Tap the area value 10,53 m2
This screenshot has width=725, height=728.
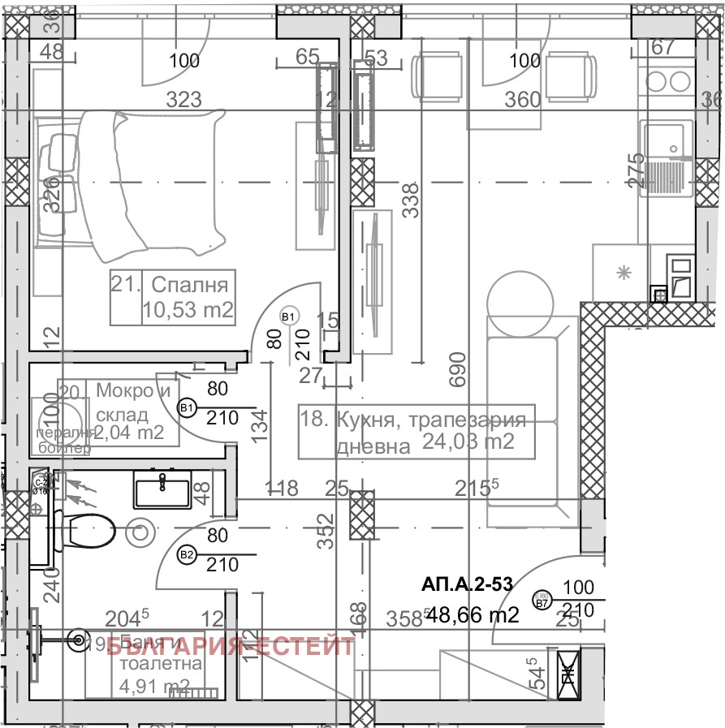[188, 309]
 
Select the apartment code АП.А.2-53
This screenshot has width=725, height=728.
[466, 584]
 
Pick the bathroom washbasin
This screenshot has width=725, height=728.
[162, 492]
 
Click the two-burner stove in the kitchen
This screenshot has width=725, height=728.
[667, 81]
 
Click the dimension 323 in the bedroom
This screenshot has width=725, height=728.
[184, 100]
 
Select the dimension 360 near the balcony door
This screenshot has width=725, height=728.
[522, 100]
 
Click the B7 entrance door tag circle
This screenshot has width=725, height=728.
[540, 601]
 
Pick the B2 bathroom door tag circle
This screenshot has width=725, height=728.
[188, 555]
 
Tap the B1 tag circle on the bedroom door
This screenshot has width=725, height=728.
[289, 316]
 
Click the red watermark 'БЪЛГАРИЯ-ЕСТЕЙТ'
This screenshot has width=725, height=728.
[231, 647]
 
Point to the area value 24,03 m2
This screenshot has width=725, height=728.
[468, 442]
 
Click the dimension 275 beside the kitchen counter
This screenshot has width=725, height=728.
[637, 170]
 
